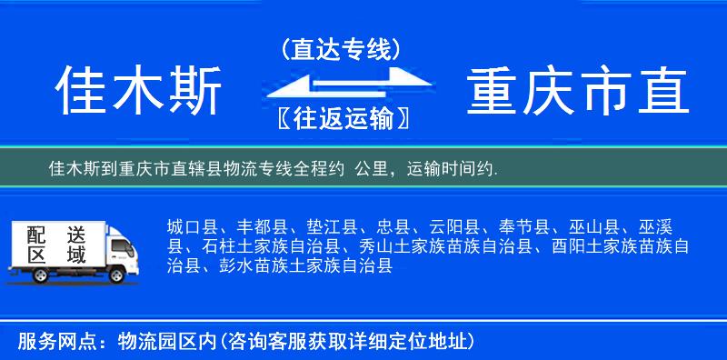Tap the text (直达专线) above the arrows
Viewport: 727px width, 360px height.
[x=342, y=49]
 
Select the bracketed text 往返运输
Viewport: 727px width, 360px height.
[x=341, y=118]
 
